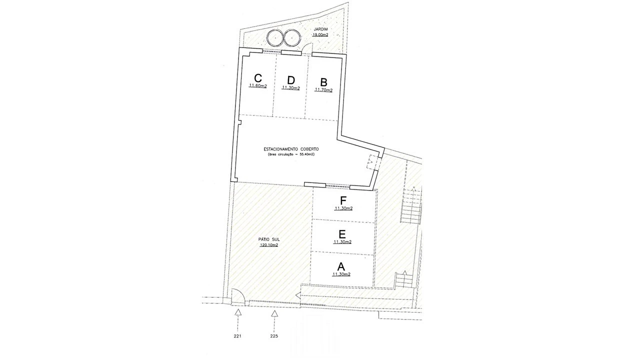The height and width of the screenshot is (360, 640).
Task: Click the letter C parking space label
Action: tap(258, 78)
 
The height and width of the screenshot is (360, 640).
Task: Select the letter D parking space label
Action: tap(291, 80)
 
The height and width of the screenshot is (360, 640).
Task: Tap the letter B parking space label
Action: tap(323, 82)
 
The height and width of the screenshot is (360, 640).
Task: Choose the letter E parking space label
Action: tap(342, 234)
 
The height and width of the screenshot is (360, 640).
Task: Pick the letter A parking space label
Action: tap(341, 266)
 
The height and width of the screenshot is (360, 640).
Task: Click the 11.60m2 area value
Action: tap(257, 86)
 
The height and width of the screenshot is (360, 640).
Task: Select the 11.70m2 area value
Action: tap(323, 90)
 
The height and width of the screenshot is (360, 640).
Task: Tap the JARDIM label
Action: tap(320, 29)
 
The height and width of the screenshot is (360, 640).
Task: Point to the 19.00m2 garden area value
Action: tap(320, 35)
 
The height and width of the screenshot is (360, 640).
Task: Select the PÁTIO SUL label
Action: tap(269, 239)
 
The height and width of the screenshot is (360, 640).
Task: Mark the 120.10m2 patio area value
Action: tap(269, 245)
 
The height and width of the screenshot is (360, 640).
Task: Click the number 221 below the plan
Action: tap(237, 336)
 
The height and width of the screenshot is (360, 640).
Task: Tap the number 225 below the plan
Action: tap(274, 336)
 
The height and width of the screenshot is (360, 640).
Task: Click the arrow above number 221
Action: tap(237, 313)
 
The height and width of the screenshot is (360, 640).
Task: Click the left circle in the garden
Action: tap(275, 37)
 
